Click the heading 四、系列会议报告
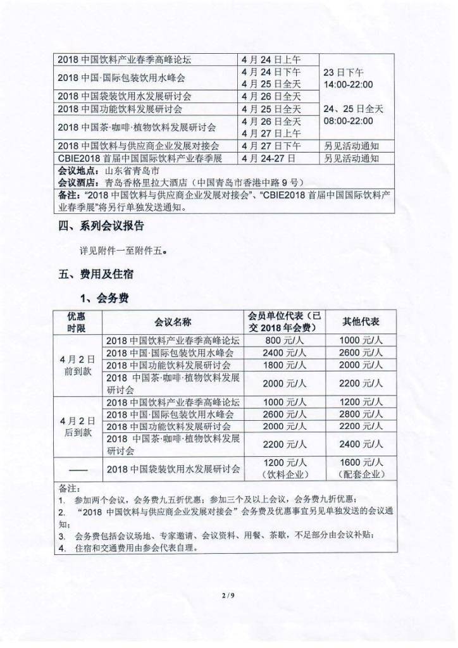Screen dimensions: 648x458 click(x=101, y=226)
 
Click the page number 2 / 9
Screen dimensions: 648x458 click(x=228, y=595)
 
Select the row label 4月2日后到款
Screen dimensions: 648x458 click(x=78, y=427)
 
